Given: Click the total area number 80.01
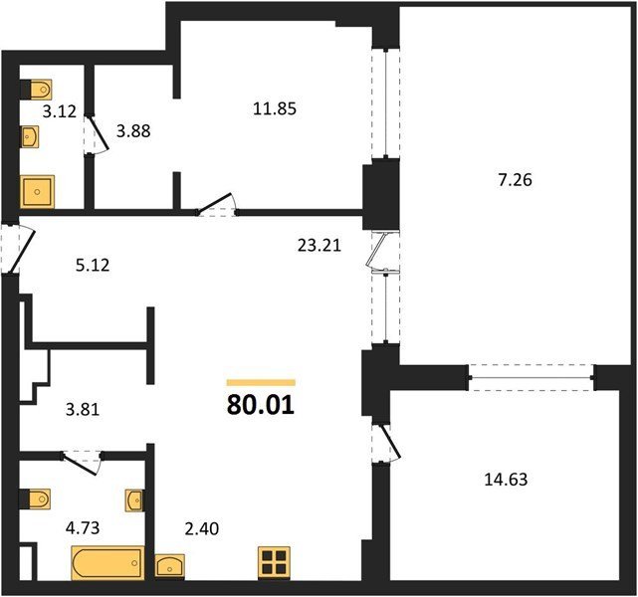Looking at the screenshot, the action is click(261, 405).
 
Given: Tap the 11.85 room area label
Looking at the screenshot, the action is click(275, 109).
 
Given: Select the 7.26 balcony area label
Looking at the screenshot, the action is click(516, 180).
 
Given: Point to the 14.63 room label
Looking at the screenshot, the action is click(506, 480).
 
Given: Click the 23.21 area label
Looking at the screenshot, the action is click(319, 245).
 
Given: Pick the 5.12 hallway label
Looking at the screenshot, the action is click(93, 265).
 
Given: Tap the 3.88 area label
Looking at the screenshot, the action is click(133, 131).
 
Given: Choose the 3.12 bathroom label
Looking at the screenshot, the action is click(60, 111).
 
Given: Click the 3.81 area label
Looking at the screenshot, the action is click(83, 409).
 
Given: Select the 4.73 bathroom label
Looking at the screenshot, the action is click(83, 528).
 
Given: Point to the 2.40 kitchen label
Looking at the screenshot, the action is click(202, 528).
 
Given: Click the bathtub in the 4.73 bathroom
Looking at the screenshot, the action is click(107, 563).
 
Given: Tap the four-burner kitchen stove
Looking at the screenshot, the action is click(274, 563).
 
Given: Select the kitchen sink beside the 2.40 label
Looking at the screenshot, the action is click(170, 566).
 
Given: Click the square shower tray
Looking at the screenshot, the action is click(37, 191).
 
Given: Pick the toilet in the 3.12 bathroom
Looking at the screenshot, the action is click(36, 89).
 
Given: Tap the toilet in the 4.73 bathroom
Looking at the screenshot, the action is click(35, 498).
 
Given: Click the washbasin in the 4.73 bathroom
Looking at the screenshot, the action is click(134, 500).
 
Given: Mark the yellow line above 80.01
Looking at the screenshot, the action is click(261, 382).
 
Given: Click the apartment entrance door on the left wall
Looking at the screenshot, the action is click(18, 248).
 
